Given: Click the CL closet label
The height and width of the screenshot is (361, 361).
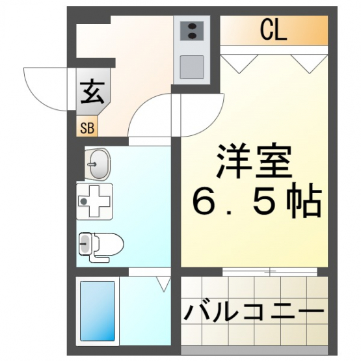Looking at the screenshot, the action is pyautogui.click(x=273, y=30).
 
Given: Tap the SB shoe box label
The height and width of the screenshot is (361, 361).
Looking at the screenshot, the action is pyautogui.click(x=87, y=128).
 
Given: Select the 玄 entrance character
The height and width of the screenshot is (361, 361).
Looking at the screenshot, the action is pyautogui.click(x=92, y=92).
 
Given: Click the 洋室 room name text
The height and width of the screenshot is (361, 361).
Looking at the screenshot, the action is pyautogui.click(x=254, y=161).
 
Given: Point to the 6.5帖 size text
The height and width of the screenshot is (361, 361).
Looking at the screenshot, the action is pyautogui.click(x=256, y=200).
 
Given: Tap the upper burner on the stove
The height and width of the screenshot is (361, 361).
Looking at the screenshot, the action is pyautogui.click(x=192, y=26).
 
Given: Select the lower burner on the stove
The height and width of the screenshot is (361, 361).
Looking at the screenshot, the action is pyautogui.click(x=192, y=36).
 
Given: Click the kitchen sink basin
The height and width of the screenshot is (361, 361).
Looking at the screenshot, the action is pyautogui.click(x=192, y=67).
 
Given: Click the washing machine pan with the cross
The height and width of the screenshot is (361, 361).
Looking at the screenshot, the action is pyautogui.click(x=94, y=202).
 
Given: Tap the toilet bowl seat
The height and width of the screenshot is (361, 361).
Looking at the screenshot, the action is pyautogui.click(x=109, y=244).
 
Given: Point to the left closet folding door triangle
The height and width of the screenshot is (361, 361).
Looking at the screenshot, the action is pyautogui.click(x=239, y=64).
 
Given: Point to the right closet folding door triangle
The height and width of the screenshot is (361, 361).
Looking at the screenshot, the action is pyautogui.click(x=310, y=64).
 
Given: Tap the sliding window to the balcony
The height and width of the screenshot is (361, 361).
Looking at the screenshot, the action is pyautogui.click(x=270, y=272).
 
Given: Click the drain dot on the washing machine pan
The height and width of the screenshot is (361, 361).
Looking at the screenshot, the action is pyautogui.click(x=84, y=202).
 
